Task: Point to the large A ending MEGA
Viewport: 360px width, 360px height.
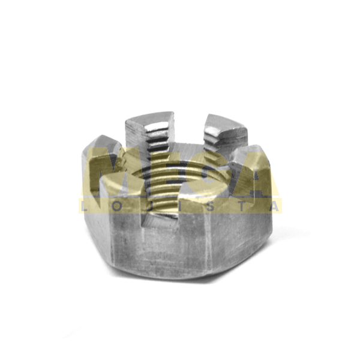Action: tap(255, 174)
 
